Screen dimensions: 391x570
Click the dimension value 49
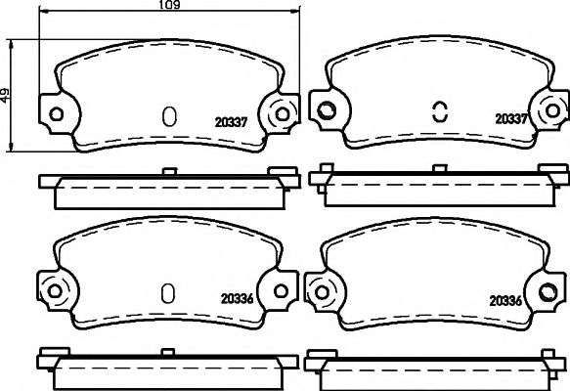click(8, 95)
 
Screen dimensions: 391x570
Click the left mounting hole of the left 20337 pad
click(56, 113)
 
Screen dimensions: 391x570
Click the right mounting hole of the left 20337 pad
click(284, 113)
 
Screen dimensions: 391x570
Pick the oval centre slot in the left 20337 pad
click(169, 116)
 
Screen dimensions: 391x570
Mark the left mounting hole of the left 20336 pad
click(55, 288)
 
